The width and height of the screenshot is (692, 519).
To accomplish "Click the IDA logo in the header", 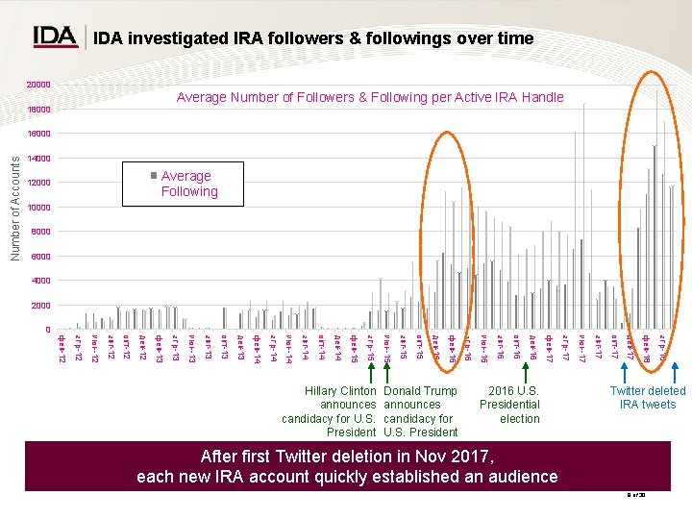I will point(55,37).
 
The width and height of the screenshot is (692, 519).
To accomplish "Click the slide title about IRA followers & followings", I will point(313,38).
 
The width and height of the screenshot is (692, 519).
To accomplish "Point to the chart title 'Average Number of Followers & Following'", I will point(370,97).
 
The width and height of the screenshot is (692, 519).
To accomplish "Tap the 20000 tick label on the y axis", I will point(37,86).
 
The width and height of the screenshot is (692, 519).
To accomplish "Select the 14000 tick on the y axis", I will point(37,159).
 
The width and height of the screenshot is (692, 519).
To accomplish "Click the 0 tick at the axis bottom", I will point(47,330).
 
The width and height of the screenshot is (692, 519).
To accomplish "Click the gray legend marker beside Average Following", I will point(153,176).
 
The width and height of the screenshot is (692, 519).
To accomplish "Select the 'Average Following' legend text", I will point(188,184).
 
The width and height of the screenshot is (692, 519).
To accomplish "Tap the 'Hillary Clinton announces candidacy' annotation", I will point(330,411).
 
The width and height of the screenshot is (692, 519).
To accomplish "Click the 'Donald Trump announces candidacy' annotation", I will point(420,411).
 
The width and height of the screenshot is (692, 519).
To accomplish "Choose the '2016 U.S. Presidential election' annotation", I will point(509,405).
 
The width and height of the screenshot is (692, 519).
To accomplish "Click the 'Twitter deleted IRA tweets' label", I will point(648,397).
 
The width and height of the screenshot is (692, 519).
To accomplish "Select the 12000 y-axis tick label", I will point(37,183).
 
